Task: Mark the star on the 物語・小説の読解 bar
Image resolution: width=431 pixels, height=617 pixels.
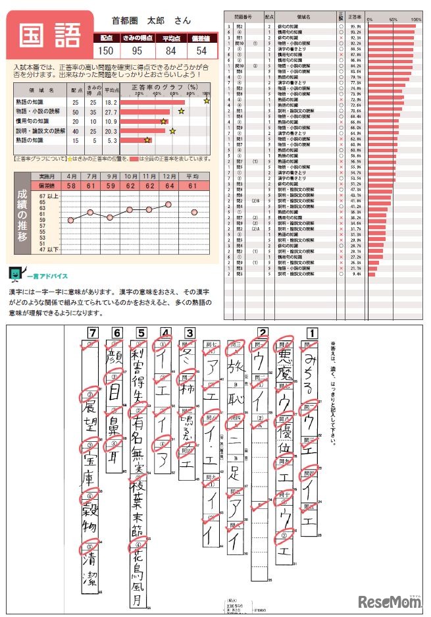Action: click(x=181, y=112)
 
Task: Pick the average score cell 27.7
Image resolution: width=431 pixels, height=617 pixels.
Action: click(x=111, y=112)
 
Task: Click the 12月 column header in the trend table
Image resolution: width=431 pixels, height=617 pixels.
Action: click(x=169, y=177)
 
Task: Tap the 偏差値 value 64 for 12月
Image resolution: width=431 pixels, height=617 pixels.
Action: click(x=169, y=187)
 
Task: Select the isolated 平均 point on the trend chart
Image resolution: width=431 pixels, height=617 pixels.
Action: click(x=194, y=211)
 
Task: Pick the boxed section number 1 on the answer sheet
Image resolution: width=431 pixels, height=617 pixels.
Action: click(x=313, y=333)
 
